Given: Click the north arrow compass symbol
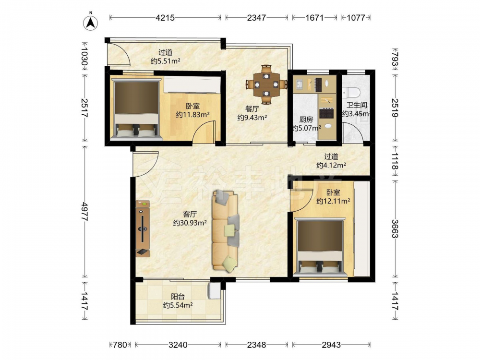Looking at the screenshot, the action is pyautogui.click(x=91, y=22).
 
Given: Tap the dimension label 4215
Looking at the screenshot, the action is pyautogui.click(x=165, y=18).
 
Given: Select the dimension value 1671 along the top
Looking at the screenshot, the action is pyautogui.click(x=314, y=18).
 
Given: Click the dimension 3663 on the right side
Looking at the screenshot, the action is pyautogui.click(x=395, y=228).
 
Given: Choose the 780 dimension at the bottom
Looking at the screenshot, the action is pyautogui.click(x=120, y=345).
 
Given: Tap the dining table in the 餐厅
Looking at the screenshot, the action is pyautogui.click(x=266, y=84).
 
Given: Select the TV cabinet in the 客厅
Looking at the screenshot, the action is pyautogui.click(x=143, y=228).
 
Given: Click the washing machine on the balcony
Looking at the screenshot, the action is pyautogui.click(x=214, y=290).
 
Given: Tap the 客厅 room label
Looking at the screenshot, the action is pyautogui.click(x=190, y=214).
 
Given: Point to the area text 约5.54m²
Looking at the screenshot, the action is pyautogui.click(x=178, y=305).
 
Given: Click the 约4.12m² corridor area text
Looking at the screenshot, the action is pyautogui.click(x=331, y=165).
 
